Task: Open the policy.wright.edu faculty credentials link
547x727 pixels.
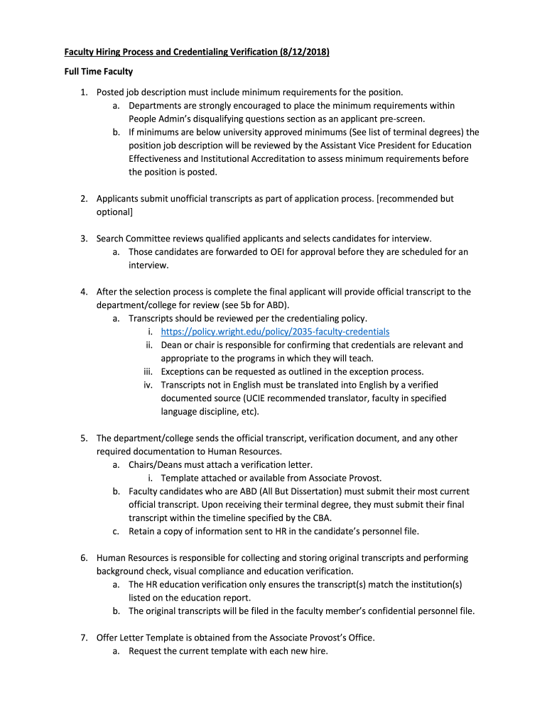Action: click(275, 332)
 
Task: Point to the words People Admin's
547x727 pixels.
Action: click(159, 119)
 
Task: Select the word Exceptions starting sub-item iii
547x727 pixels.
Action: click(183, 371)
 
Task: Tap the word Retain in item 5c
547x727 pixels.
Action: click(141, 531)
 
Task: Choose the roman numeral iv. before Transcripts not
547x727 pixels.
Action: click(148, 385)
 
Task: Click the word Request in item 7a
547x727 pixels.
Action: click(144, 651)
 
